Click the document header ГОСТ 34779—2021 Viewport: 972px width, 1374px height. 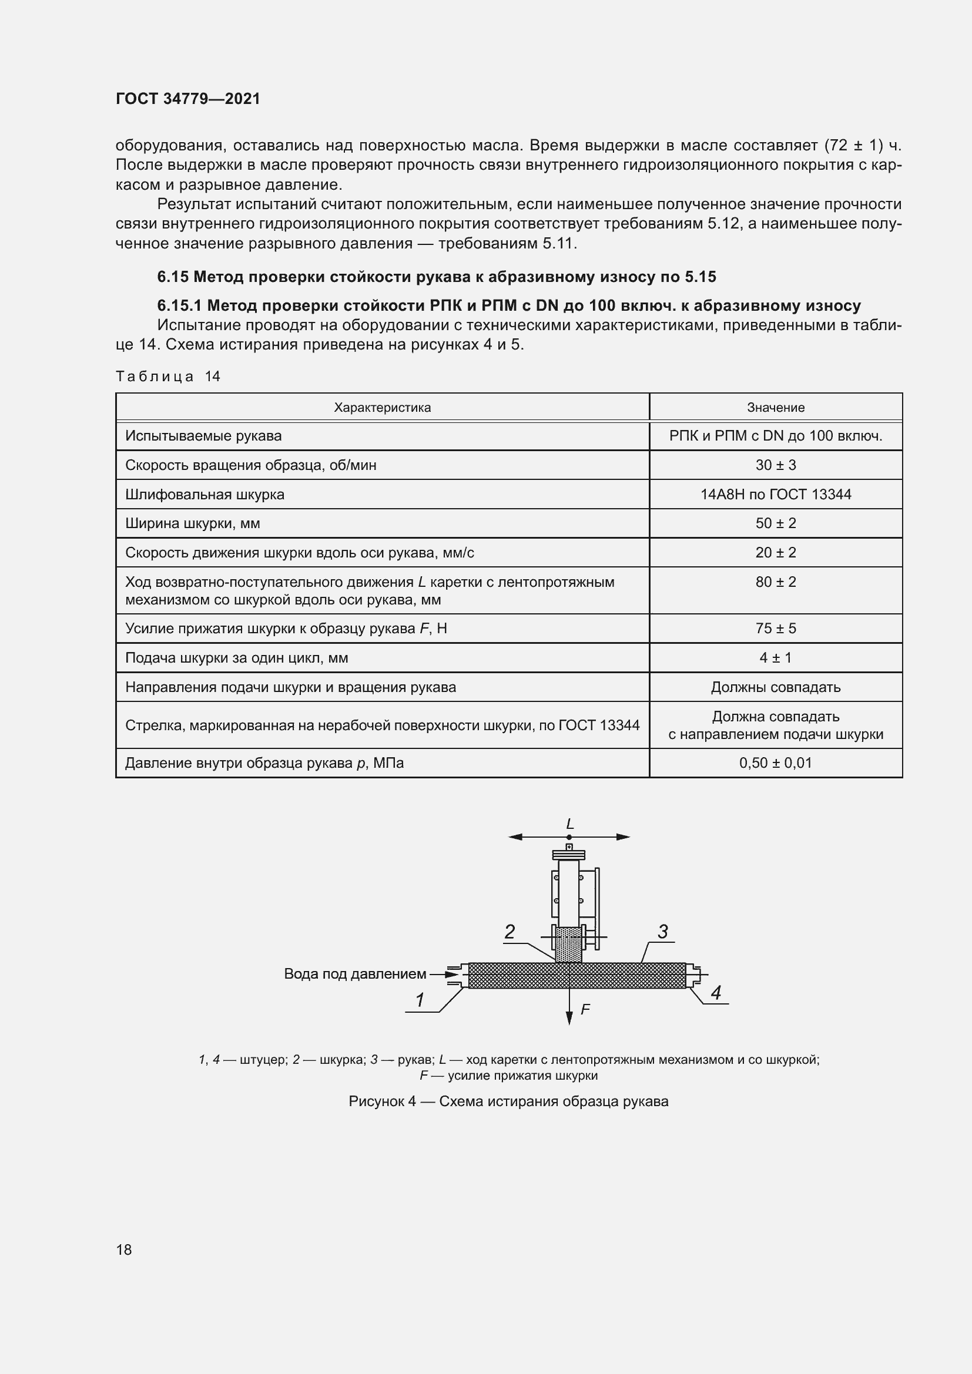pos(188,99)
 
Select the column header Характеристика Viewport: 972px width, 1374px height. pos(382,408)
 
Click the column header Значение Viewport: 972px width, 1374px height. pos(775,408)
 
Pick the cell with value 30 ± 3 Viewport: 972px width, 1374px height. pos(775,465)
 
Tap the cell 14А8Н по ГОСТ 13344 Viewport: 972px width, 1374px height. pos(775,494)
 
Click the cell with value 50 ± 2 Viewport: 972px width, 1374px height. pos(775,523)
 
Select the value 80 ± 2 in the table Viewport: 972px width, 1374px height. pos(775,582)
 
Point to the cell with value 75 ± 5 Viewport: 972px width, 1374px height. pos(775,629)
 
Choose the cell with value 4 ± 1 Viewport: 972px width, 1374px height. pos(775,658)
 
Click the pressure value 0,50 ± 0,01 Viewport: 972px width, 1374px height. pos(775,763)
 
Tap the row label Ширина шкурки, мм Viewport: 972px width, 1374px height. pos(193,523)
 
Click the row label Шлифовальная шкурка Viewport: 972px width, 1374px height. pos(205,495)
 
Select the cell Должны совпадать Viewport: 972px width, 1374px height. pos(775,687)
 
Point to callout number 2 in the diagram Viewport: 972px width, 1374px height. pos(510,932)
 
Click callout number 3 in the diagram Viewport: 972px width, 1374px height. pos(662,932)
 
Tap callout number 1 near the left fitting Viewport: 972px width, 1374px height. pos(420,1000)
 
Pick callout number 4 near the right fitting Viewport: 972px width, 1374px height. pos(716,993)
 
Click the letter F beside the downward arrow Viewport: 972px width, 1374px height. pos(585,1010)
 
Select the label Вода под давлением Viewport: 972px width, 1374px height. pos(355,973)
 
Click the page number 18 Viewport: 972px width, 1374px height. pos(124,1249)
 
